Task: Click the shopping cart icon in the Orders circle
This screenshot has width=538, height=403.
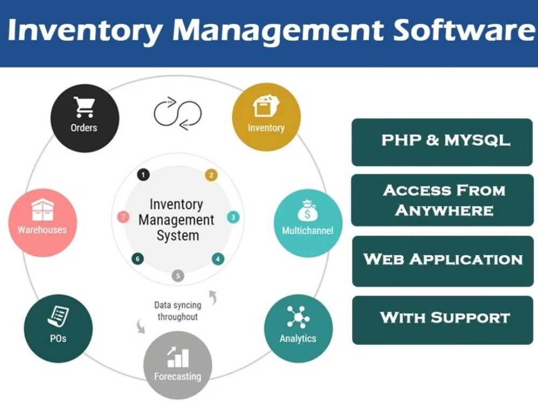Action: point(83,107)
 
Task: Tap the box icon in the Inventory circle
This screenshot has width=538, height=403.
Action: point(266,107)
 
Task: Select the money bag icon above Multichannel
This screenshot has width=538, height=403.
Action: point(307,211)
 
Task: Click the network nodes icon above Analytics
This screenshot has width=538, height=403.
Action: point(298,316)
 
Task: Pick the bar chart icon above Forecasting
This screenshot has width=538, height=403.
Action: point(178,356)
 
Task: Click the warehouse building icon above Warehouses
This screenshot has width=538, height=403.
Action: point(41,210)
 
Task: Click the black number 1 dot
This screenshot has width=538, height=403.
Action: point(143,175)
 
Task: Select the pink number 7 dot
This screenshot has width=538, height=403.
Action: point(123,218)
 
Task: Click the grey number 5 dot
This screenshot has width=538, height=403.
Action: point(178,276)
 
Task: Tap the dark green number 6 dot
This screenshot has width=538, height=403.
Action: point(138,259)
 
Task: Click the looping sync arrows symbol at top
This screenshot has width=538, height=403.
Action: point(178,113)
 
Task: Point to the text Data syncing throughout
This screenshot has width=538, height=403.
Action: point(178,311)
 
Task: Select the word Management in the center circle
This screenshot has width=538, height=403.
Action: point(176,220)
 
